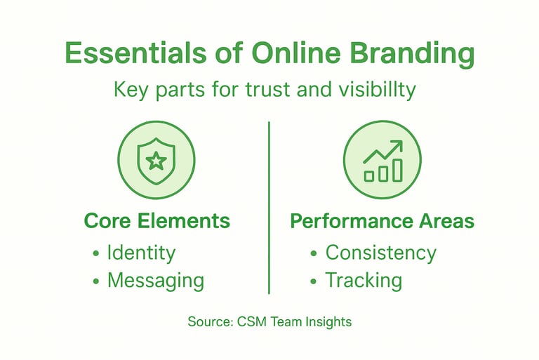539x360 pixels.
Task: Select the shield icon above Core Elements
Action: point(156,161)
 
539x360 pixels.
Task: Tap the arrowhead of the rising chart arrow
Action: point(397,145)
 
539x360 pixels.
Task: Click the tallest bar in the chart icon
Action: point(397,170)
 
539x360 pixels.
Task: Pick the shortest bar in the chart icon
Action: point(369,176)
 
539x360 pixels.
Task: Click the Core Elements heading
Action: point(157,221)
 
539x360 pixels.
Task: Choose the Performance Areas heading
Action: point(382,221)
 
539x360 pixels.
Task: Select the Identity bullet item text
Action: point(141,253)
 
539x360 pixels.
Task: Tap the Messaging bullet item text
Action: point(155,281)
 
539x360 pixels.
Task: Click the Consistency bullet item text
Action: point(380,253)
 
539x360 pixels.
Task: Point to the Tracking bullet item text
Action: point(363,281)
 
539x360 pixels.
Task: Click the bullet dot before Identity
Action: point(96,254)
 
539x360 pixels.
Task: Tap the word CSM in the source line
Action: point(246,322)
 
